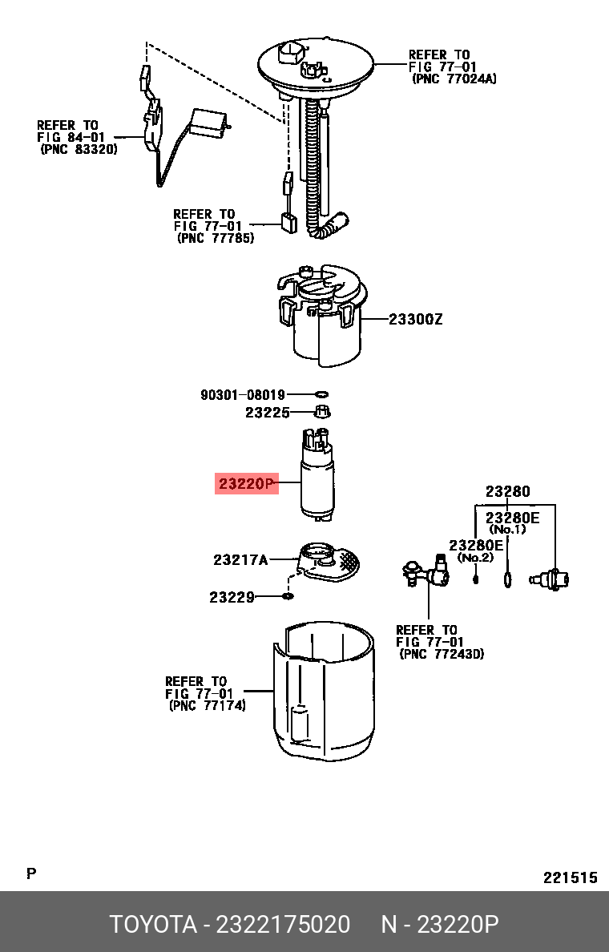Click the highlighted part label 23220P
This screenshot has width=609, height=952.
(247, 483)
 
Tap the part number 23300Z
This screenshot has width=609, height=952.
(415, 319)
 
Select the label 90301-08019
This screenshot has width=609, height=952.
(243, 394)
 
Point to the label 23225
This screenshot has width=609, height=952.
(267, 413)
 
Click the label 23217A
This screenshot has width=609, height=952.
(240, 559)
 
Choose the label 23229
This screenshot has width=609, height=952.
(232, 598)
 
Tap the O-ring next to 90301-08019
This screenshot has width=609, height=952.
(322, 394)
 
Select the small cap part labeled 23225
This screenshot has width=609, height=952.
(322, 412)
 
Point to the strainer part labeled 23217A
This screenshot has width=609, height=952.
(327, 562)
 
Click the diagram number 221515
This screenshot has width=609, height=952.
(571, 877)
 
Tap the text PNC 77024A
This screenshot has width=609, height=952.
(454, 79)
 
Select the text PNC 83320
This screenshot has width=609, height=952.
(79, 149)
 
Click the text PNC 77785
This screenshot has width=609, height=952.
(216, 238)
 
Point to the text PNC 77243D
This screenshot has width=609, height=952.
(442, 655)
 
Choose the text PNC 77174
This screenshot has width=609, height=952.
(207, 705)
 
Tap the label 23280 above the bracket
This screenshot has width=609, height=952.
(507, 491)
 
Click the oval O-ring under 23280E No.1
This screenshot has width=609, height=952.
(507, 579)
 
